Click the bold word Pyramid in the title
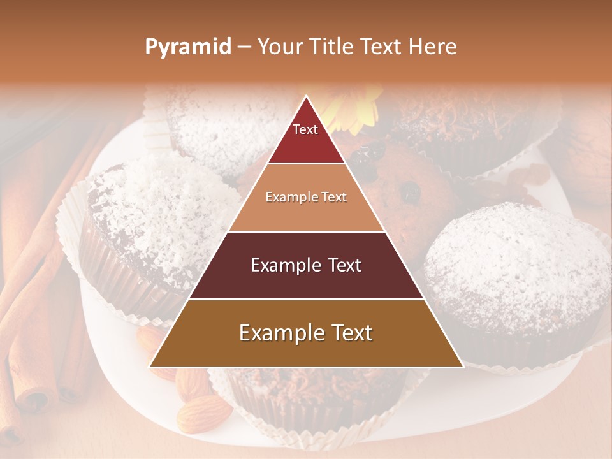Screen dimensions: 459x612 click(188, 47)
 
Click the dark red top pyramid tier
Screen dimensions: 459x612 click(306, 142)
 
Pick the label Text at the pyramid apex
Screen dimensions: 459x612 click(305, 129)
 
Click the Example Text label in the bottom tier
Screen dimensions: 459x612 click(306, 333)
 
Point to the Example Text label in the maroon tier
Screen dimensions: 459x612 click(306, 265)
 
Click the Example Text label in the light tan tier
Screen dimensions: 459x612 click(306, 197)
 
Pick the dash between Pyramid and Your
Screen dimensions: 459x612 click(244, 47)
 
